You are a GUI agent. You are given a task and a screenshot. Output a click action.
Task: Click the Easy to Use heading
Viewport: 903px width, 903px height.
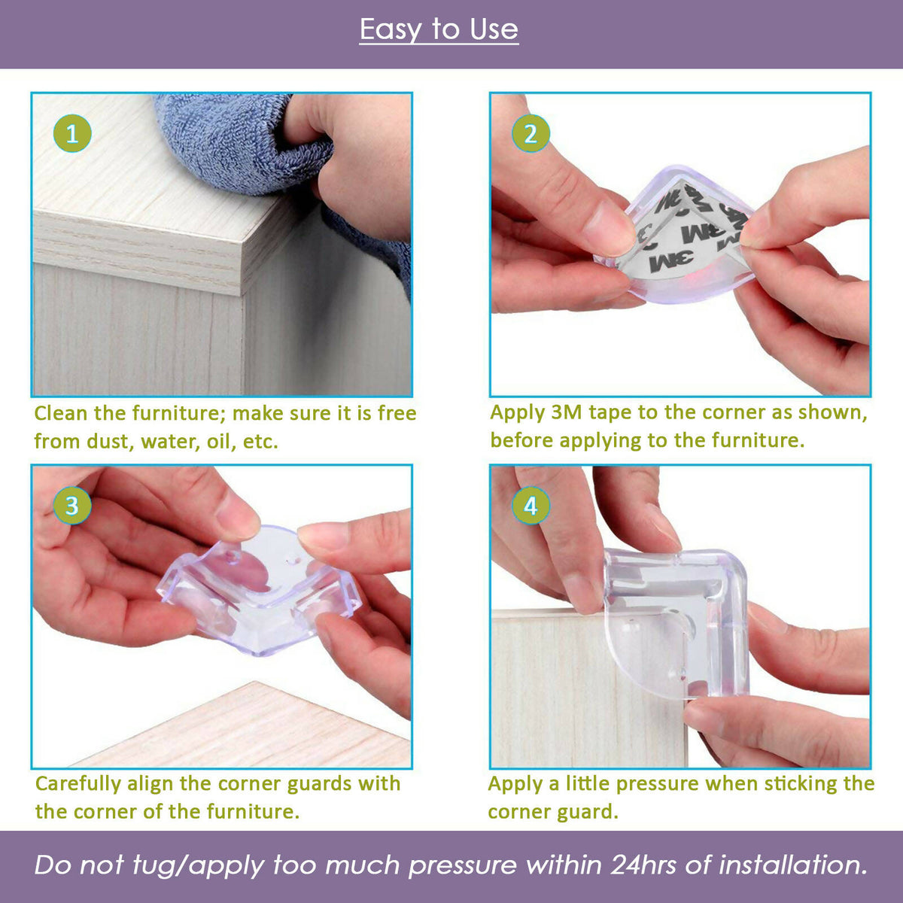coord(439,30)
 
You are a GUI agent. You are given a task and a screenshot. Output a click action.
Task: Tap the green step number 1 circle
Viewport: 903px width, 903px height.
coord(72,134)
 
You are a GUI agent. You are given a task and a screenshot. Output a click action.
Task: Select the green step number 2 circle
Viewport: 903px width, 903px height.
coord(531,134)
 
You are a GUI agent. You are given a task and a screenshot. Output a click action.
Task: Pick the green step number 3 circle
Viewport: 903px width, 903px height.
coord(72,505)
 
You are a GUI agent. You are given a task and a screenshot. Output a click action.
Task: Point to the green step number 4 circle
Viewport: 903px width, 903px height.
coord(531,505)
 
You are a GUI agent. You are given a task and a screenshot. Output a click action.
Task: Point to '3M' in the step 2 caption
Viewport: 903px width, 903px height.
coord(567,412)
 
